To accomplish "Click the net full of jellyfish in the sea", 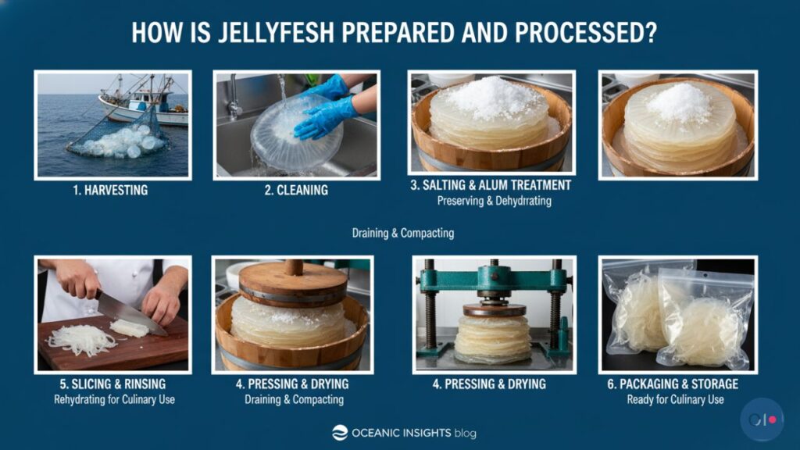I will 121,141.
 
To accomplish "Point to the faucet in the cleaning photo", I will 234,98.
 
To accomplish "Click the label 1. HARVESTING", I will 111,190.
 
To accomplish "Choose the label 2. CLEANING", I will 296,190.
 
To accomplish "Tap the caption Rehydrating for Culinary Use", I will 114,400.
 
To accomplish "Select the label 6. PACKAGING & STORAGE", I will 676,384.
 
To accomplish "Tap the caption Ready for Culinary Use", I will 676,400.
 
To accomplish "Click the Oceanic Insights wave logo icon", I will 340,433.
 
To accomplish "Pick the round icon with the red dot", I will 762,420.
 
